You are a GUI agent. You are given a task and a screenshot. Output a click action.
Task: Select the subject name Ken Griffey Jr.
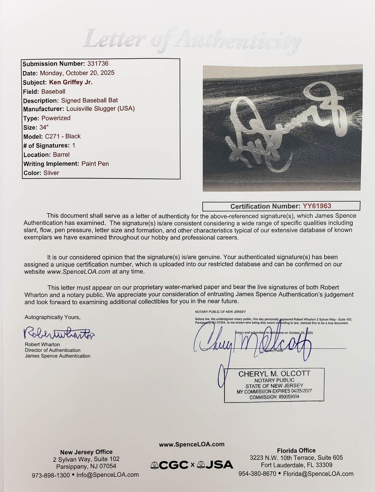71,82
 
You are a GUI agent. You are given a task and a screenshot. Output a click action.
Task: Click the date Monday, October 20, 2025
77,73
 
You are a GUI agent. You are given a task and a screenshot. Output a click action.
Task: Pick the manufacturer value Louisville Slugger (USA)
101,109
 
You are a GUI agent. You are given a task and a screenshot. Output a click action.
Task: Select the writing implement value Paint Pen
95,164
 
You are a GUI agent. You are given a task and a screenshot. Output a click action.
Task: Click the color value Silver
51,173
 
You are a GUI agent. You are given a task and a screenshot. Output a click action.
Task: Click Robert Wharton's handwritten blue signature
59,333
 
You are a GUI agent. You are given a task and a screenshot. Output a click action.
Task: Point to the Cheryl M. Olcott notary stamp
274,385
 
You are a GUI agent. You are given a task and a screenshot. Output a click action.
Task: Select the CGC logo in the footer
169,464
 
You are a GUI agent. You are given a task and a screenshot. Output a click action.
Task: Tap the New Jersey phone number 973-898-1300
51,475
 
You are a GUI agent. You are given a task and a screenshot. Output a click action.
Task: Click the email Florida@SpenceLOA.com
318,474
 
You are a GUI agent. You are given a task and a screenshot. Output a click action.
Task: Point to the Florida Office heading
296,450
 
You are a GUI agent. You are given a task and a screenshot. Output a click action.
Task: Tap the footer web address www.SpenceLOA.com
192,444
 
